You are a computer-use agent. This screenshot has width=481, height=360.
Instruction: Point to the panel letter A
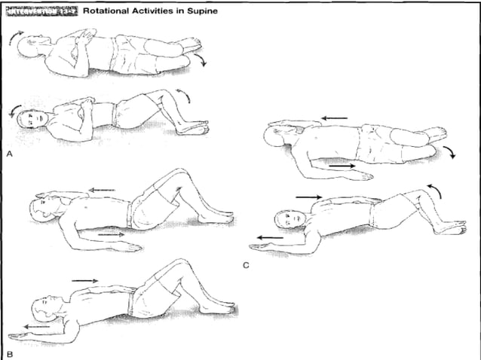9,153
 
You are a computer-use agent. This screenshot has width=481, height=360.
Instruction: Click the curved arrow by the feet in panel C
450,152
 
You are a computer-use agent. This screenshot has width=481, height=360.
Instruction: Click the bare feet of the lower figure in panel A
195,128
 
